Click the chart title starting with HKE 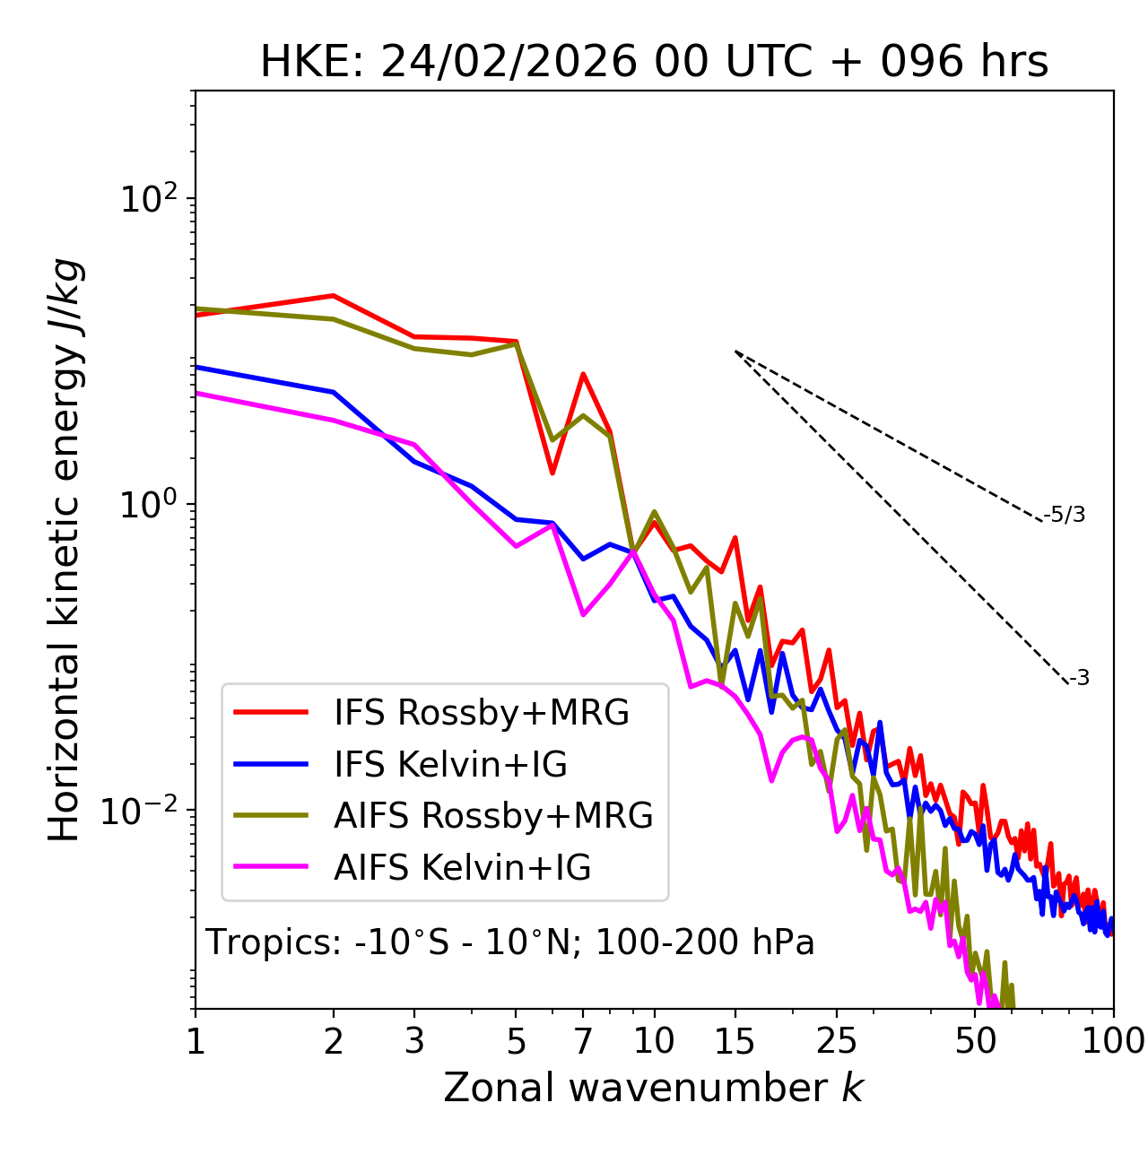tap(654, 63)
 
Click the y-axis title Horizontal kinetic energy tap(65, 550)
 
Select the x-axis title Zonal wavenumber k tap(653, 1087)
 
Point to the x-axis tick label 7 tap(583, 1041)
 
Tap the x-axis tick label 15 tap(735, 1041)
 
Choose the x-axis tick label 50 tap(976, 1041)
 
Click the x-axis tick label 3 tap(414, 1041)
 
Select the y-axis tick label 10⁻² tap(143, 812)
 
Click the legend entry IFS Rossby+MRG tap(481, 713)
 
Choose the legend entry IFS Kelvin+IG tap(450, 765)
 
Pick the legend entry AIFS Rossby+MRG tap(493, 816)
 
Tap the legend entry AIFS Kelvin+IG tap(462, 868)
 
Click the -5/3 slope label tap(1065, 515)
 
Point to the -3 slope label tap(1079, 679)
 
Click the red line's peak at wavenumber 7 tap(583, 374)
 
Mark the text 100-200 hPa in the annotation tap(704, 943)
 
